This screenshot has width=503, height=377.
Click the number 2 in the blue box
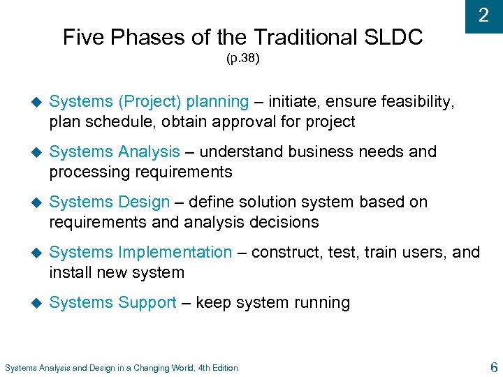[x=483, y=15]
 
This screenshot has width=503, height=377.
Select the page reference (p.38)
[x=242, y=59]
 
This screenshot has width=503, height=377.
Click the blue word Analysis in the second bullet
[x=149, y=151]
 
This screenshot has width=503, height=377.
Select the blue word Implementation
[x=175, y=252]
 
